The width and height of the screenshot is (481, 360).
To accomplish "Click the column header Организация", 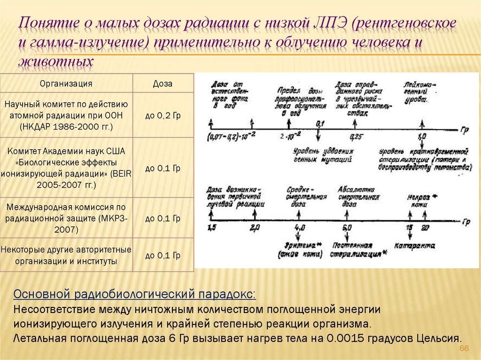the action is (x=66, y=84).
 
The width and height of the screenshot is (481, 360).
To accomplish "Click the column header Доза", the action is (x=163, y=84).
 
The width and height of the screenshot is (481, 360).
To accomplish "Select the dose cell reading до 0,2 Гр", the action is (x=163, y=115).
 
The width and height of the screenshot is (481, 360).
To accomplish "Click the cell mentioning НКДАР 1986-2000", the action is (x=66, y=115).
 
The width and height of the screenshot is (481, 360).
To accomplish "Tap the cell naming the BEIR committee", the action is (x=66, y=168).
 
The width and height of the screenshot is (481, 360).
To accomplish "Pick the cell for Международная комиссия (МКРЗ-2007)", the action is (x=66, y=218).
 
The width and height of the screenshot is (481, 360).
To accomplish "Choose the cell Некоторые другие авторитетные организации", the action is (x=66, y=255).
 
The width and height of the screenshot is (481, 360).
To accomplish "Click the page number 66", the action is (x=464, y=348).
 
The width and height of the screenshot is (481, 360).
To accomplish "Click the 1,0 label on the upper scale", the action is (x=421, y=137).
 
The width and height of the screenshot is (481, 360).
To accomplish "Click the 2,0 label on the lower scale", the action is (x=255, y=228).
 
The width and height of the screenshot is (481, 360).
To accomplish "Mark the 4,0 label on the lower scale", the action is (x=299, y=228).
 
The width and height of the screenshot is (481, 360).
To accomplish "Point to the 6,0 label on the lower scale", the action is (x=348, y=228).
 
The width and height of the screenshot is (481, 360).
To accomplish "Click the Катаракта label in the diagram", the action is (x=414, y=245).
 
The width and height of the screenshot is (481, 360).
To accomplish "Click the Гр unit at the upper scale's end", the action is (x=465, y=128).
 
